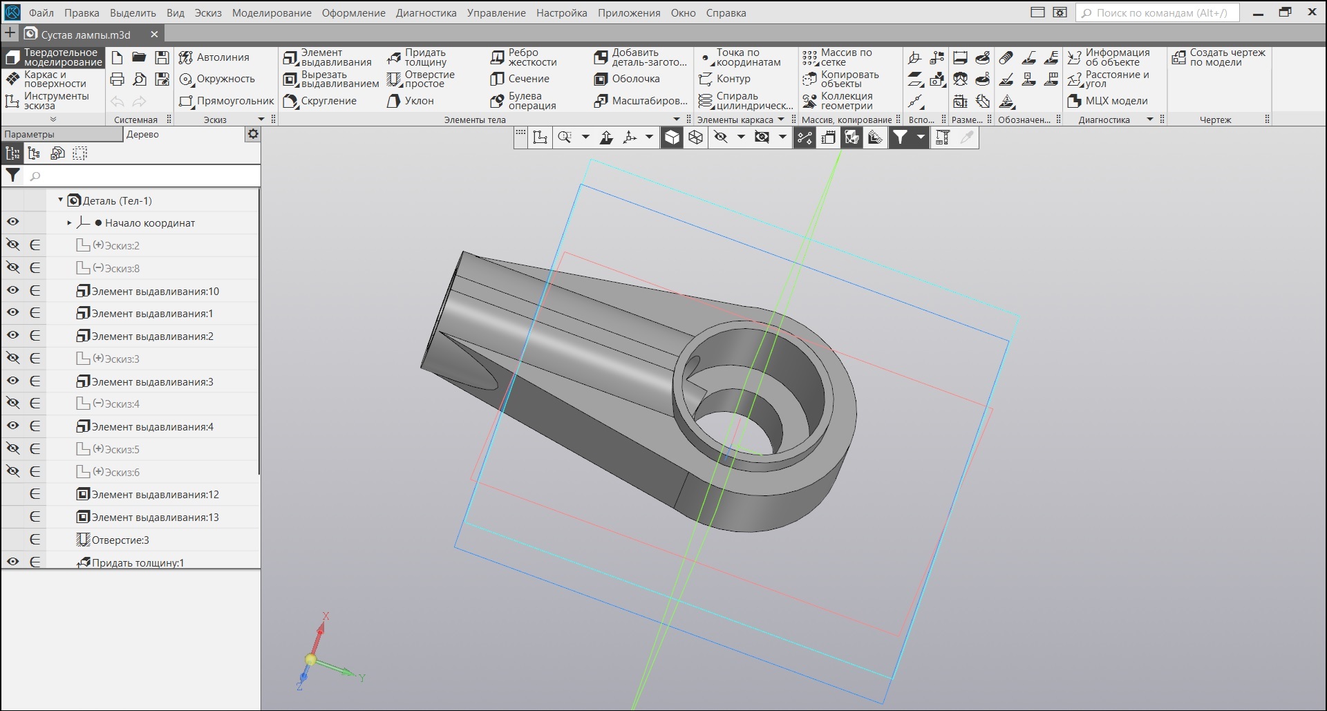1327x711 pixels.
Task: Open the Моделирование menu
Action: [x=272, y=12]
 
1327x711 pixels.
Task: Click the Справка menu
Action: [x=726, y=12]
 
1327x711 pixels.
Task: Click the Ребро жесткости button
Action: [x=523, y=57]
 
